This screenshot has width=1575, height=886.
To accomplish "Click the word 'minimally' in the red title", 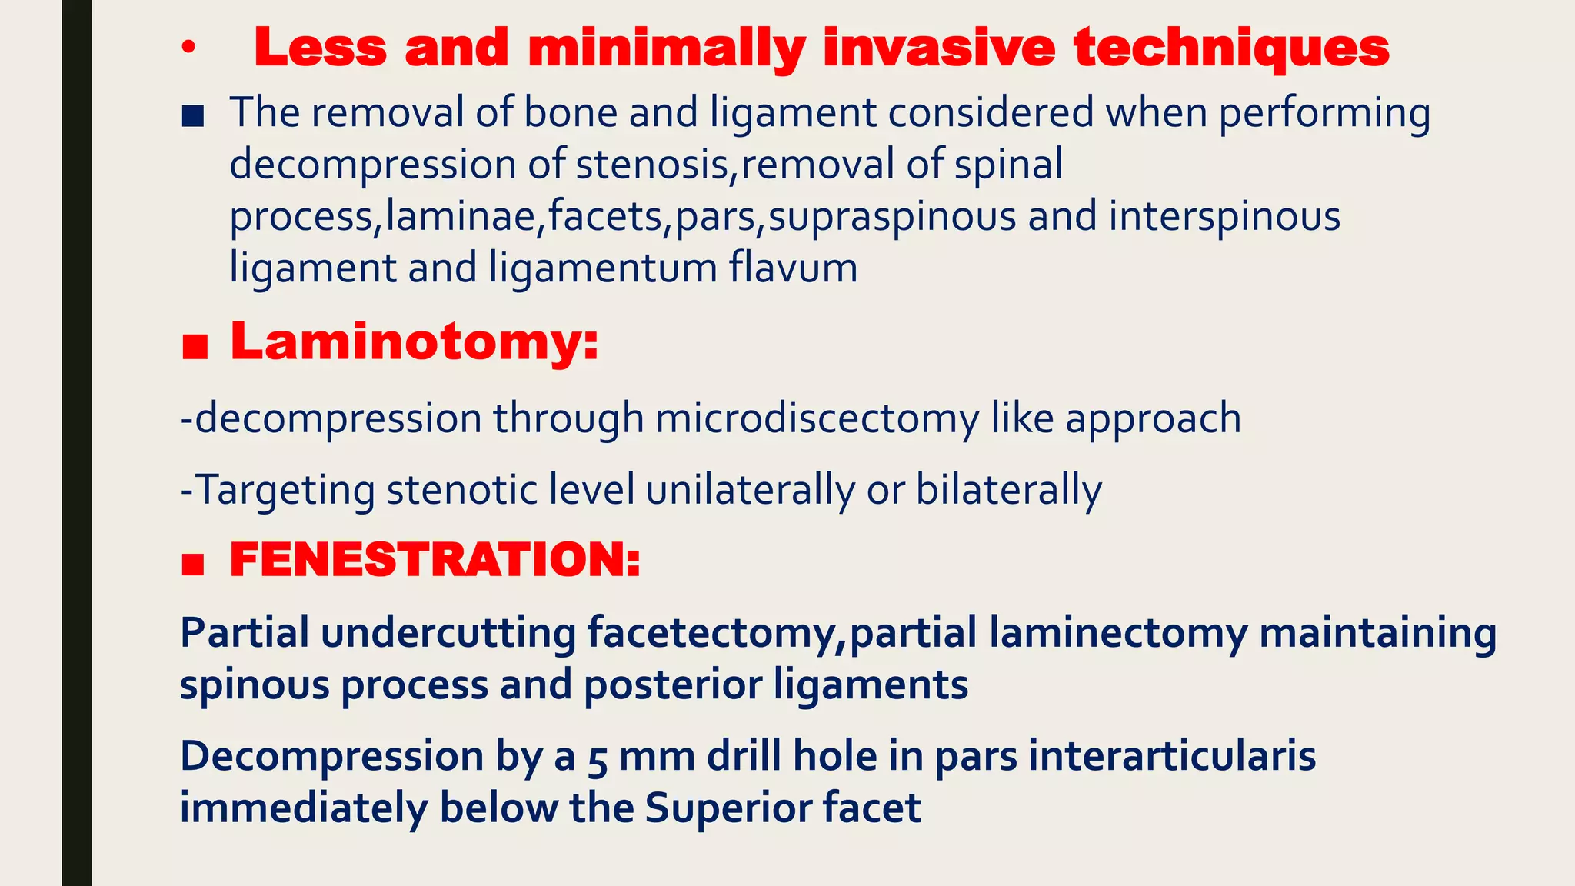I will point(666,48).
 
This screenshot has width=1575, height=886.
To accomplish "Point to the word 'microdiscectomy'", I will point(817,419).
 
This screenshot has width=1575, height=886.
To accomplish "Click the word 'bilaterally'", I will point(1008,490).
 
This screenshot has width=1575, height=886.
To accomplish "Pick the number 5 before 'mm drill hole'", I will point(598,758).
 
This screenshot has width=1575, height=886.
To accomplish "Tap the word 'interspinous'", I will point(1224,216).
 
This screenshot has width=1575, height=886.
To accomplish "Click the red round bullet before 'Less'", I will point(188,49).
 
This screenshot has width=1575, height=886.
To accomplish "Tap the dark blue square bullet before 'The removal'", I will point(193,117).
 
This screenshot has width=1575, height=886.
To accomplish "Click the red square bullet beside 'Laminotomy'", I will point(195,348).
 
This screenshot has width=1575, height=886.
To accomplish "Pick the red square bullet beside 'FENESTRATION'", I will point(193,565).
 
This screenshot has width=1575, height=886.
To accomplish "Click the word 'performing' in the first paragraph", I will point(1324,113).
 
